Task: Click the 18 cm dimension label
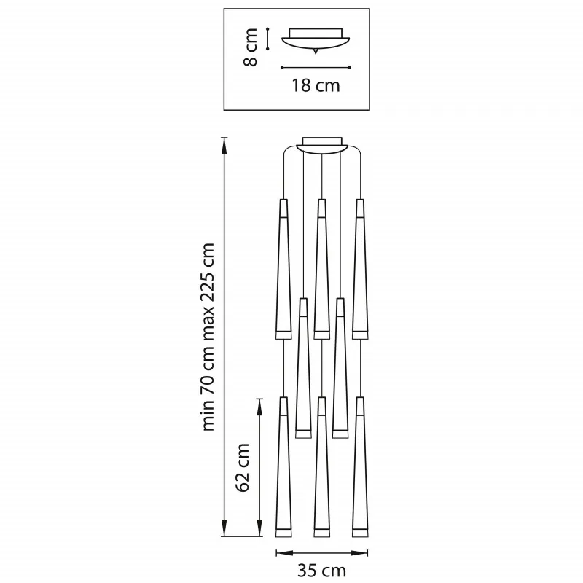click(x=316, y=85)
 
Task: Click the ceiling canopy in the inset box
click(x=316, y=40)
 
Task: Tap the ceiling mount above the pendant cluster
click(x=321, y=144)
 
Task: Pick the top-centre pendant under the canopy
click(x=321, y=270)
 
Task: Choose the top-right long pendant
click(x=359, y=270)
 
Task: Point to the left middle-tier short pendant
click(x=302, y=368)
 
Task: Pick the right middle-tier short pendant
click(x=340, y=368)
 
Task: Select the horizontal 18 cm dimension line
click(x=316, y=68)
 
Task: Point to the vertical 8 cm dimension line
click(x=268, y=39)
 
